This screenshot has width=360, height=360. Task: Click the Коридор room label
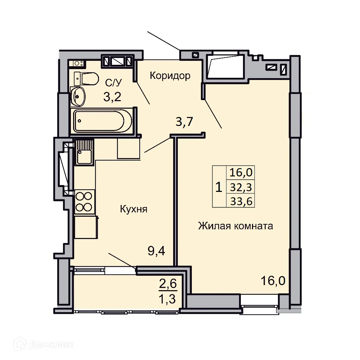[170, 76]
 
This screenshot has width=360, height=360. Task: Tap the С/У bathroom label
[114, 83]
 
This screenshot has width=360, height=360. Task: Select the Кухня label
[134, 209]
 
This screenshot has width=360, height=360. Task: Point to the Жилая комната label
[235, 226]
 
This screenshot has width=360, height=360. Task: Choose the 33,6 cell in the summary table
[240, 201]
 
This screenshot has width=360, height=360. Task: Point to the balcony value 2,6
[168, 284]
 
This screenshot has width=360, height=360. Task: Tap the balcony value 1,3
[168, 298]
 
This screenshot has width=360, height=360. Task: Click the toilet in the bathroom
[86, 78]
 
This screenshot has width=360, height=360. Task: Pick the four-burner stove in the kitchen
[84, 202]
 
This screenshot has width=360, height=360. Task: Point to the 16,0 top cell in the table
[240, 173]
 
